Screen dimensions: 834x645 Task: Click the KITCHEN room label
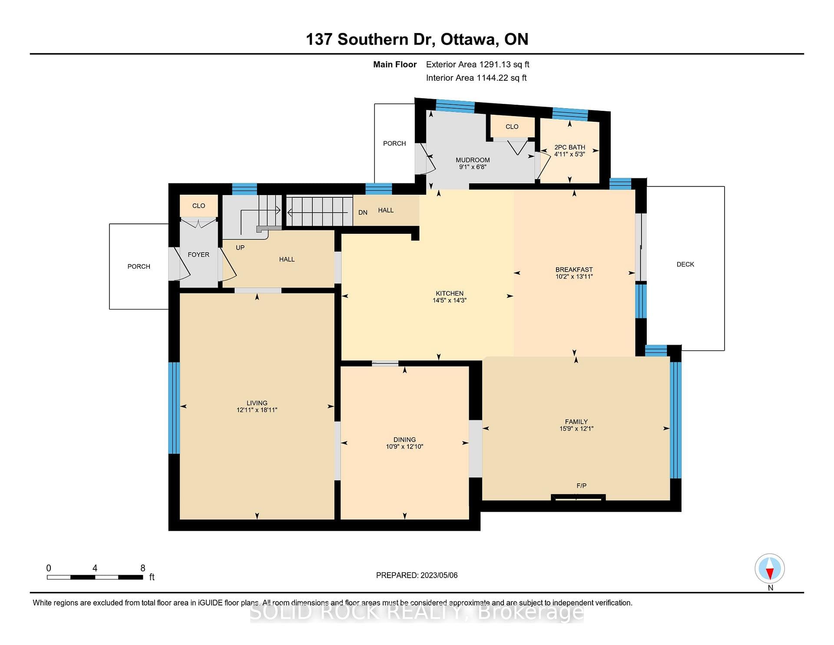(x=450, y=293)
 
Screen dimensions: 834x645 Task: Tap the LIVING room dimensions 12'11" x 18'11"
(x=257, y=410)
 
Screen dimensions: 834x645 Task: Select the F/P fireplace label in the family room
(x=581, y=485)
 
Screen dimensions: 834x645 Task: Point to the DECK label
(x=685, y=264)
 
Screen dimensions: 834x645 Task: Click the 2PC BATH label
(x=570, y=147)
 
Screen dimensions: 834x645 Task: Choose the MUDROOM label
(x=473, y=160)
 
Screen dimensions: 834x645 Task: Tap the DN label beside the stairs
(x=363, y=213)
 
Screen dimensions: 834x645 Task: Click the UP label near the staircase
(x=240, y=248)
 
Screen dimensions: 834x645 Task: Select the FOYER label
(x=199, y=255)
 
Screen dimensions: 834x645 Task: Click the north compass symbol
(x=770, y=569)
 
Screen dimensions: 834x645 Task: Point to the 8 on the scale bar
(x=143, y=568)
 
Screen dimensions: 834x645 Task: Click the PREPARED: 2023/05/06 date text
(x=417, y=575)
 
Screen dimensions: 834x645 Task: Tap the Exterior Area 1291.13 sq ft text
(x=478, y=64)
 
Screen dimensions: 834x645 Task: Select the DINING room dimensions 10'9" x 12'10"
(x=404, y=446)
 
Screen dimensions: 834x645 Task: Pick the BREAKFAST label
(x=574, y=269)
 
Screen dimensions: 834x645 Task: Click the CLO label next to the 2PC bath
(x=512, y=126)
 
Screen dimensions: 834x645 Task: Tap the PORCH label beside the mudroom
(x=394, y=143)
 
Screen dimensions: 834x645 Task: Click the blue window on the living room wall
(x=174, y=408)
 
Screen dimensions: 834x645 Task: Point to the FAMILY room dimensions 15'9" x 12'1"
(x=576, y=429)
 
